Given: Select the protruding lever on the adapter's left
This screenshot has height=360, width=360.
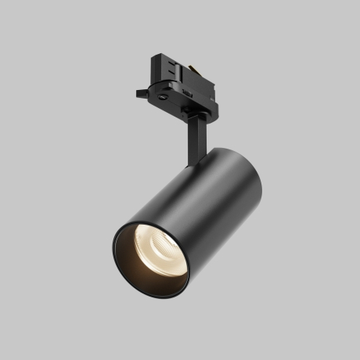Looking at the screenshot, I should (142, 94).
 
